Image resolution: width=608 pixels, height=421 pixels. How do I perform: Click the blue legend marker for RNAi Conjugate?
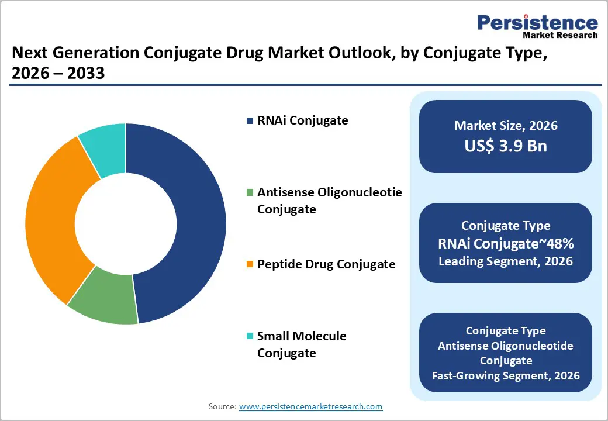pos(250,121)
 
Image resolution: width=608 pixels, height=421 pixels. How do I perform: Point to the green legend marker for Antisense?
pos(250,192)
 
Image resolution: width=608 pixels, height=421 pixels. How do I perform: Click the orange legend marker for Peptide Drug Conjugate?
pos(250,265)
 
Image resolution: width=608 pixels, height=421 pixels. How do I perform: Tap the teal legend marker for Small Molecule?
pos(250,336)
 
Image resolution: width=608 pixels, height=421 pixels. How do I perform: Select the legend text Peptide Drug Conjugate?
pos(326,264)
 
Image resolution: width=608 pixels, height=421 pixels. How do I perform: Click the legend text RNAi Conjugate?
pos(302,120)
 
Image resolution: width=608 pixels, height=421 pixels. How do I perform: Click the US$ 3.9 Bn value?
pos(506,146)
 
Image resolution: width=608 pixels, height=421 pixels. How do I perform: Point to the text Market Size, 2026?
pos(506,126)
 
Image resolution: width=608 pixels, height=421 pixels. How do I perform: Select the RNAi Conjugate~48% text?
pos(506,243)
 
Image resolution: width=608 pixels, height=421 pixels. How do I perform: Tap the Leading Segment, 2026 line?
pos(506,261)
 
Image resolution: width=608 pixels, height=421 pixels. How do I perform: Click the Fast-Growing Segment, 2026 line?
pos(506,375)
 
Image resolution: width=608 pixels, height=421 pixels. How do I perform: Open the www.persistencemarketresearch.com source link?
pos(310,406)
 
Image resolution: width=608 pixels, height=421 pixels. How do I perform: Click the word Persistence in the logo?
pos(537,23)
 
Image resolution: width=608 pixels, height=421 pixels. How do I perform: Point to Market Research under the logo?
pos(560,35)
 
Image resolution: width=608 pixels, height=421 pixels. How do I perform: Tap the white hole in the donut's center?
pos(126,223)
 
